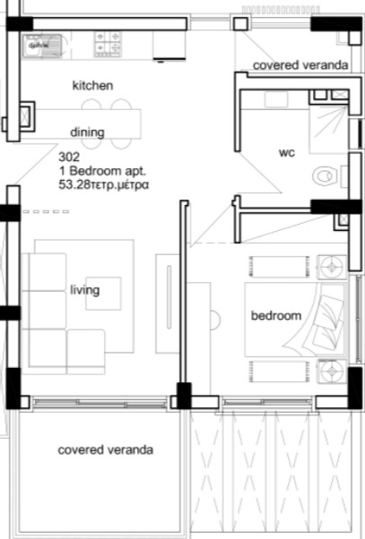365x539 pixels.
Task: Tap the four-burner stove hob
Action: [x=109, y=44]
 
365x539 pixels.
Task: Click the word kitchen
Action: [x=92, y=85]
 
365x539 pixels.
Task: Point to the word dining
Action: [x=87, y=133]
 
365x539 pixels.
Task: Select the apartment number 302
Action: [x=69, y=157]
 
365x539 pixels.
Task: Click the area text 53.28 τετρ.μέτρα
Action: [x=104, y=185]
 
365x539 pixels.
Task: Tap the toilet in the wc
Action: [x=325, y=176]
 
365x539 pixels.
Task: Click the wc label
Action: [x=287, y=152]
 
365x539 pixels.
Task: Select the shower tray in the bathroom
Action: [x=329, y=130]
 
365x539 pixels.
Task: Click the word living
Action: [x=85, y=290]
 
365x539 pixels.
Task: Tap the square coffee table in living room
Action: [x=103, y=293]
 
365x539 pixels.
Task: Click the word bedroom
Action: [x=276, y=315]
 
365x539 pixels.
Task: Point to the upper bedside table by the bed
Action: [x=332, y=267]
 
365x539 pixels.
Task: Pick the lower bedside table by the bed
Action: [x=332, y=371]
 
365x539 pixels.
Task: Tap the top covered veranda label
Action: [x=300, y=65]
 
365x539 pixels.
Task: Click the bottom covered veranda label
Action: [x=105, y=449]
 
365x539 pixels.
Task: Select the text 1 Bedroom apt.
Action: [x=102, y=171]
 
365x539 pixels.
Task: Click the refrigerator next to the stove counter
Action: [x=169, y=46]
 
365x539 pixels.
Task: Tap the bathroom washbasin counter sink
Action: [x=276, y=99]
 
